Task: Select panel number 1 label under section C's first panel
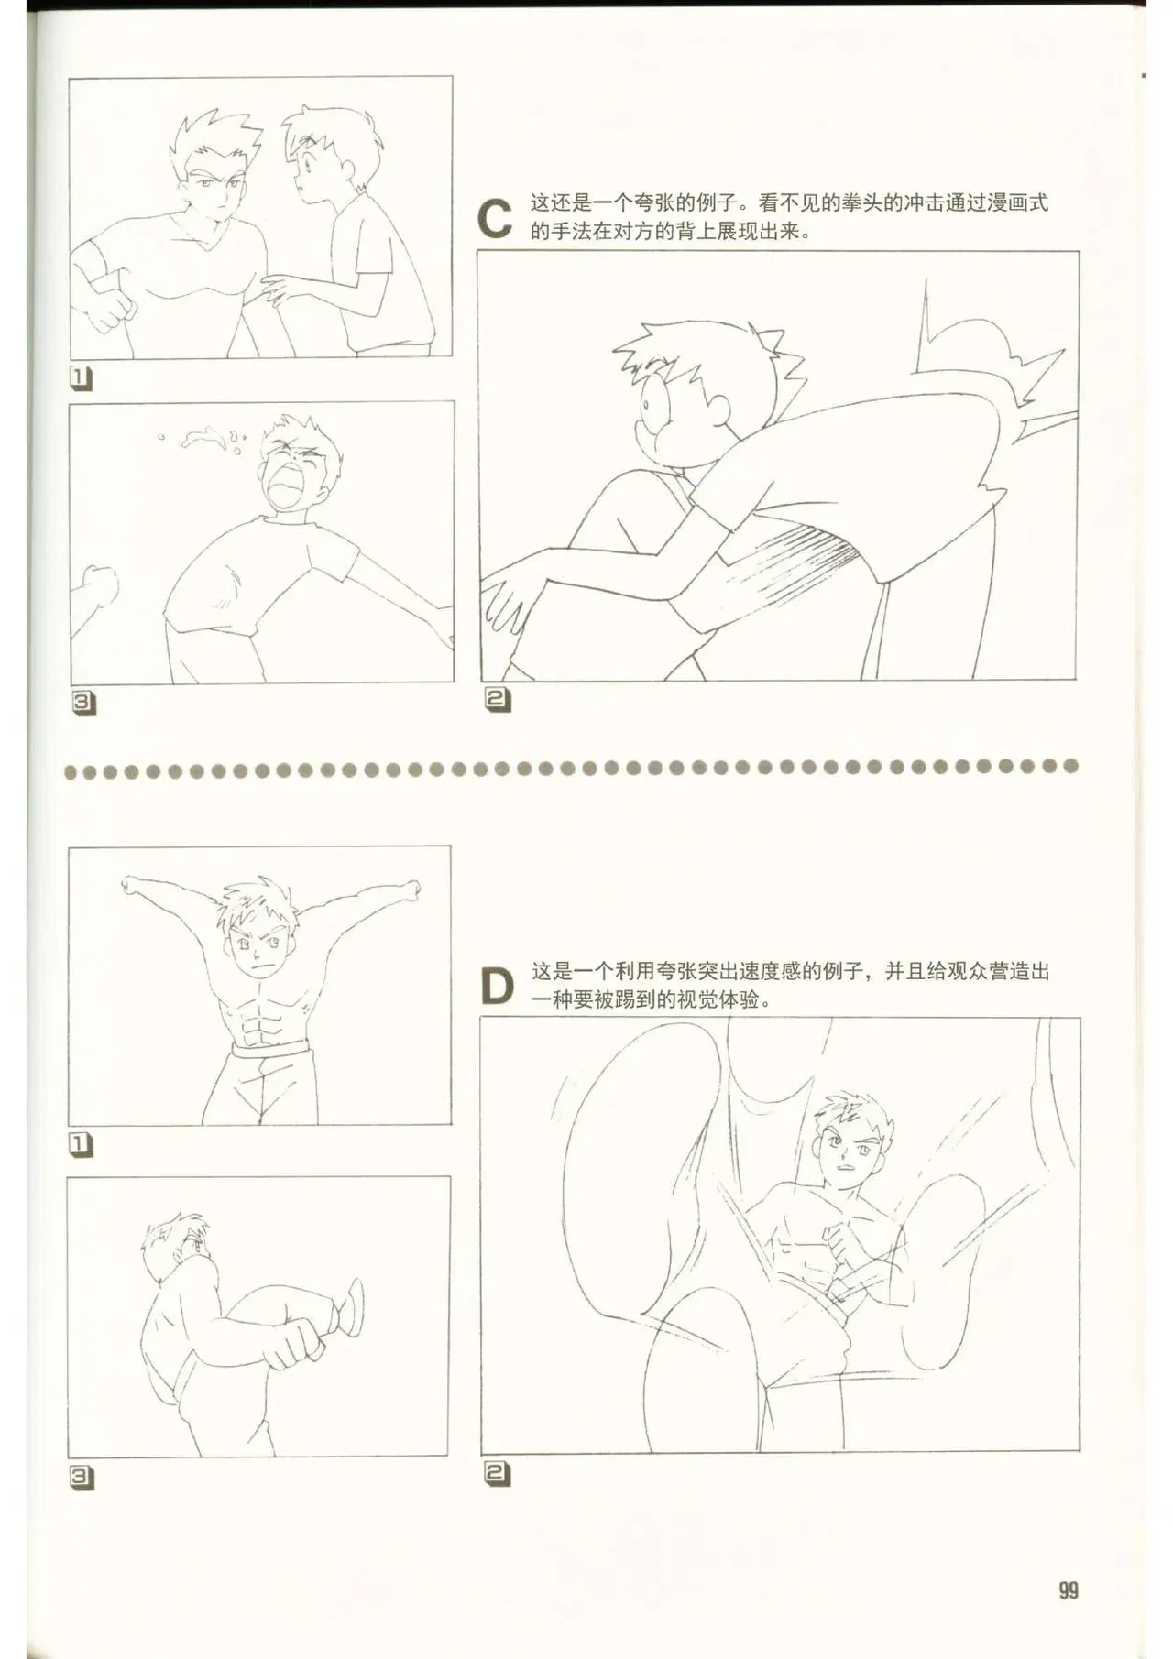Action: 82,377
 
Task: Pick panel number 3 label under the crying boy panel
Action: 82,703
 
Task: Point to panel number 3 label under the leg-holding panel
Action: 82,1476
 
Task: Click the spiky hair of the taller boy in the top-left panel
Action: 216,134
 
